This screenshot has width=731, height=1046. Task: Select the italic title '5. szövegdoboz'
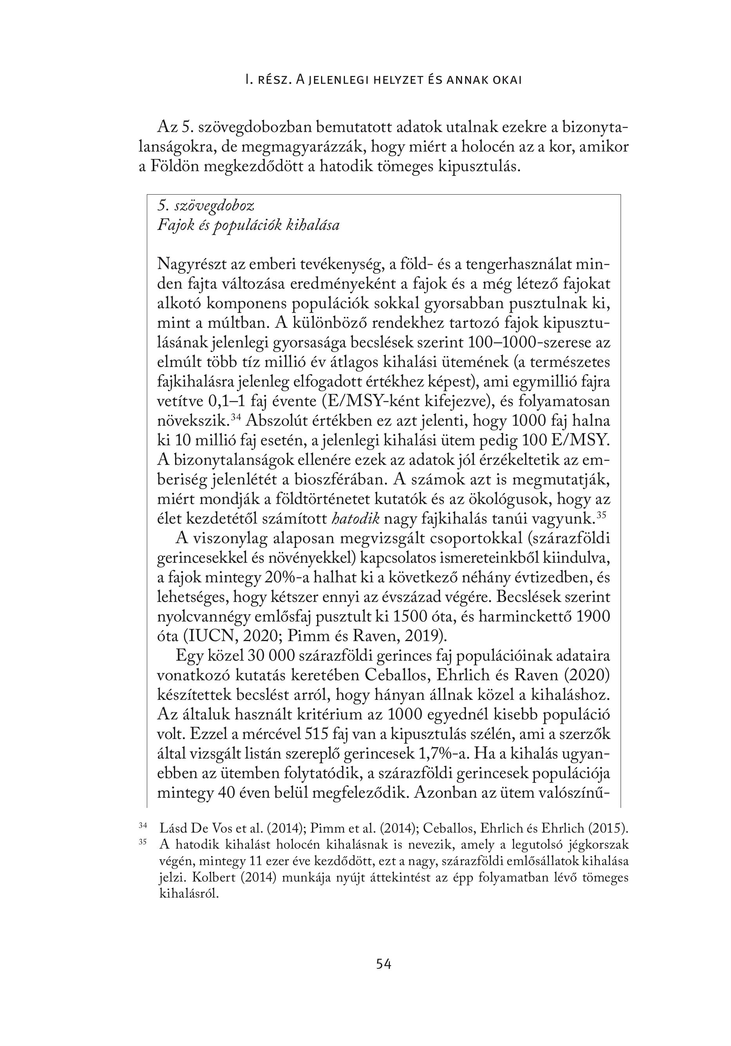pos(206,206)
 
